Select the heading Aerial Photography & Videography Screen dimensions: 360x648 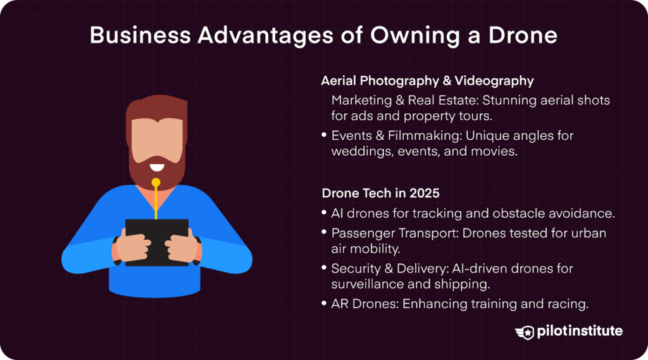coord(427,81)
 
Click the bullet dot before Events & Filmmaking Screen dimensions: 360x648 coord(325,136)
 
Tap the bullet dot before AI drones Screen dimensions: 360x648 coord(325,213)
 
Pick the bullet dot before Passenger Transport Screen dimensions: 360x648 coord(325,233)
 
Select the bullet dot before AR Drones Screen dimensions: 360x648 coord(325,304)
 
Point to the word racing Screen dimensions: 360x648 coord(569,304)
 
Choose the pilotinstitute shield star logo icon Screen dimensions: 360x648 coord(525,332)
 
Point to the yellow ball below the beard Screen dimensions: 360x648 coord(156,182)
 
